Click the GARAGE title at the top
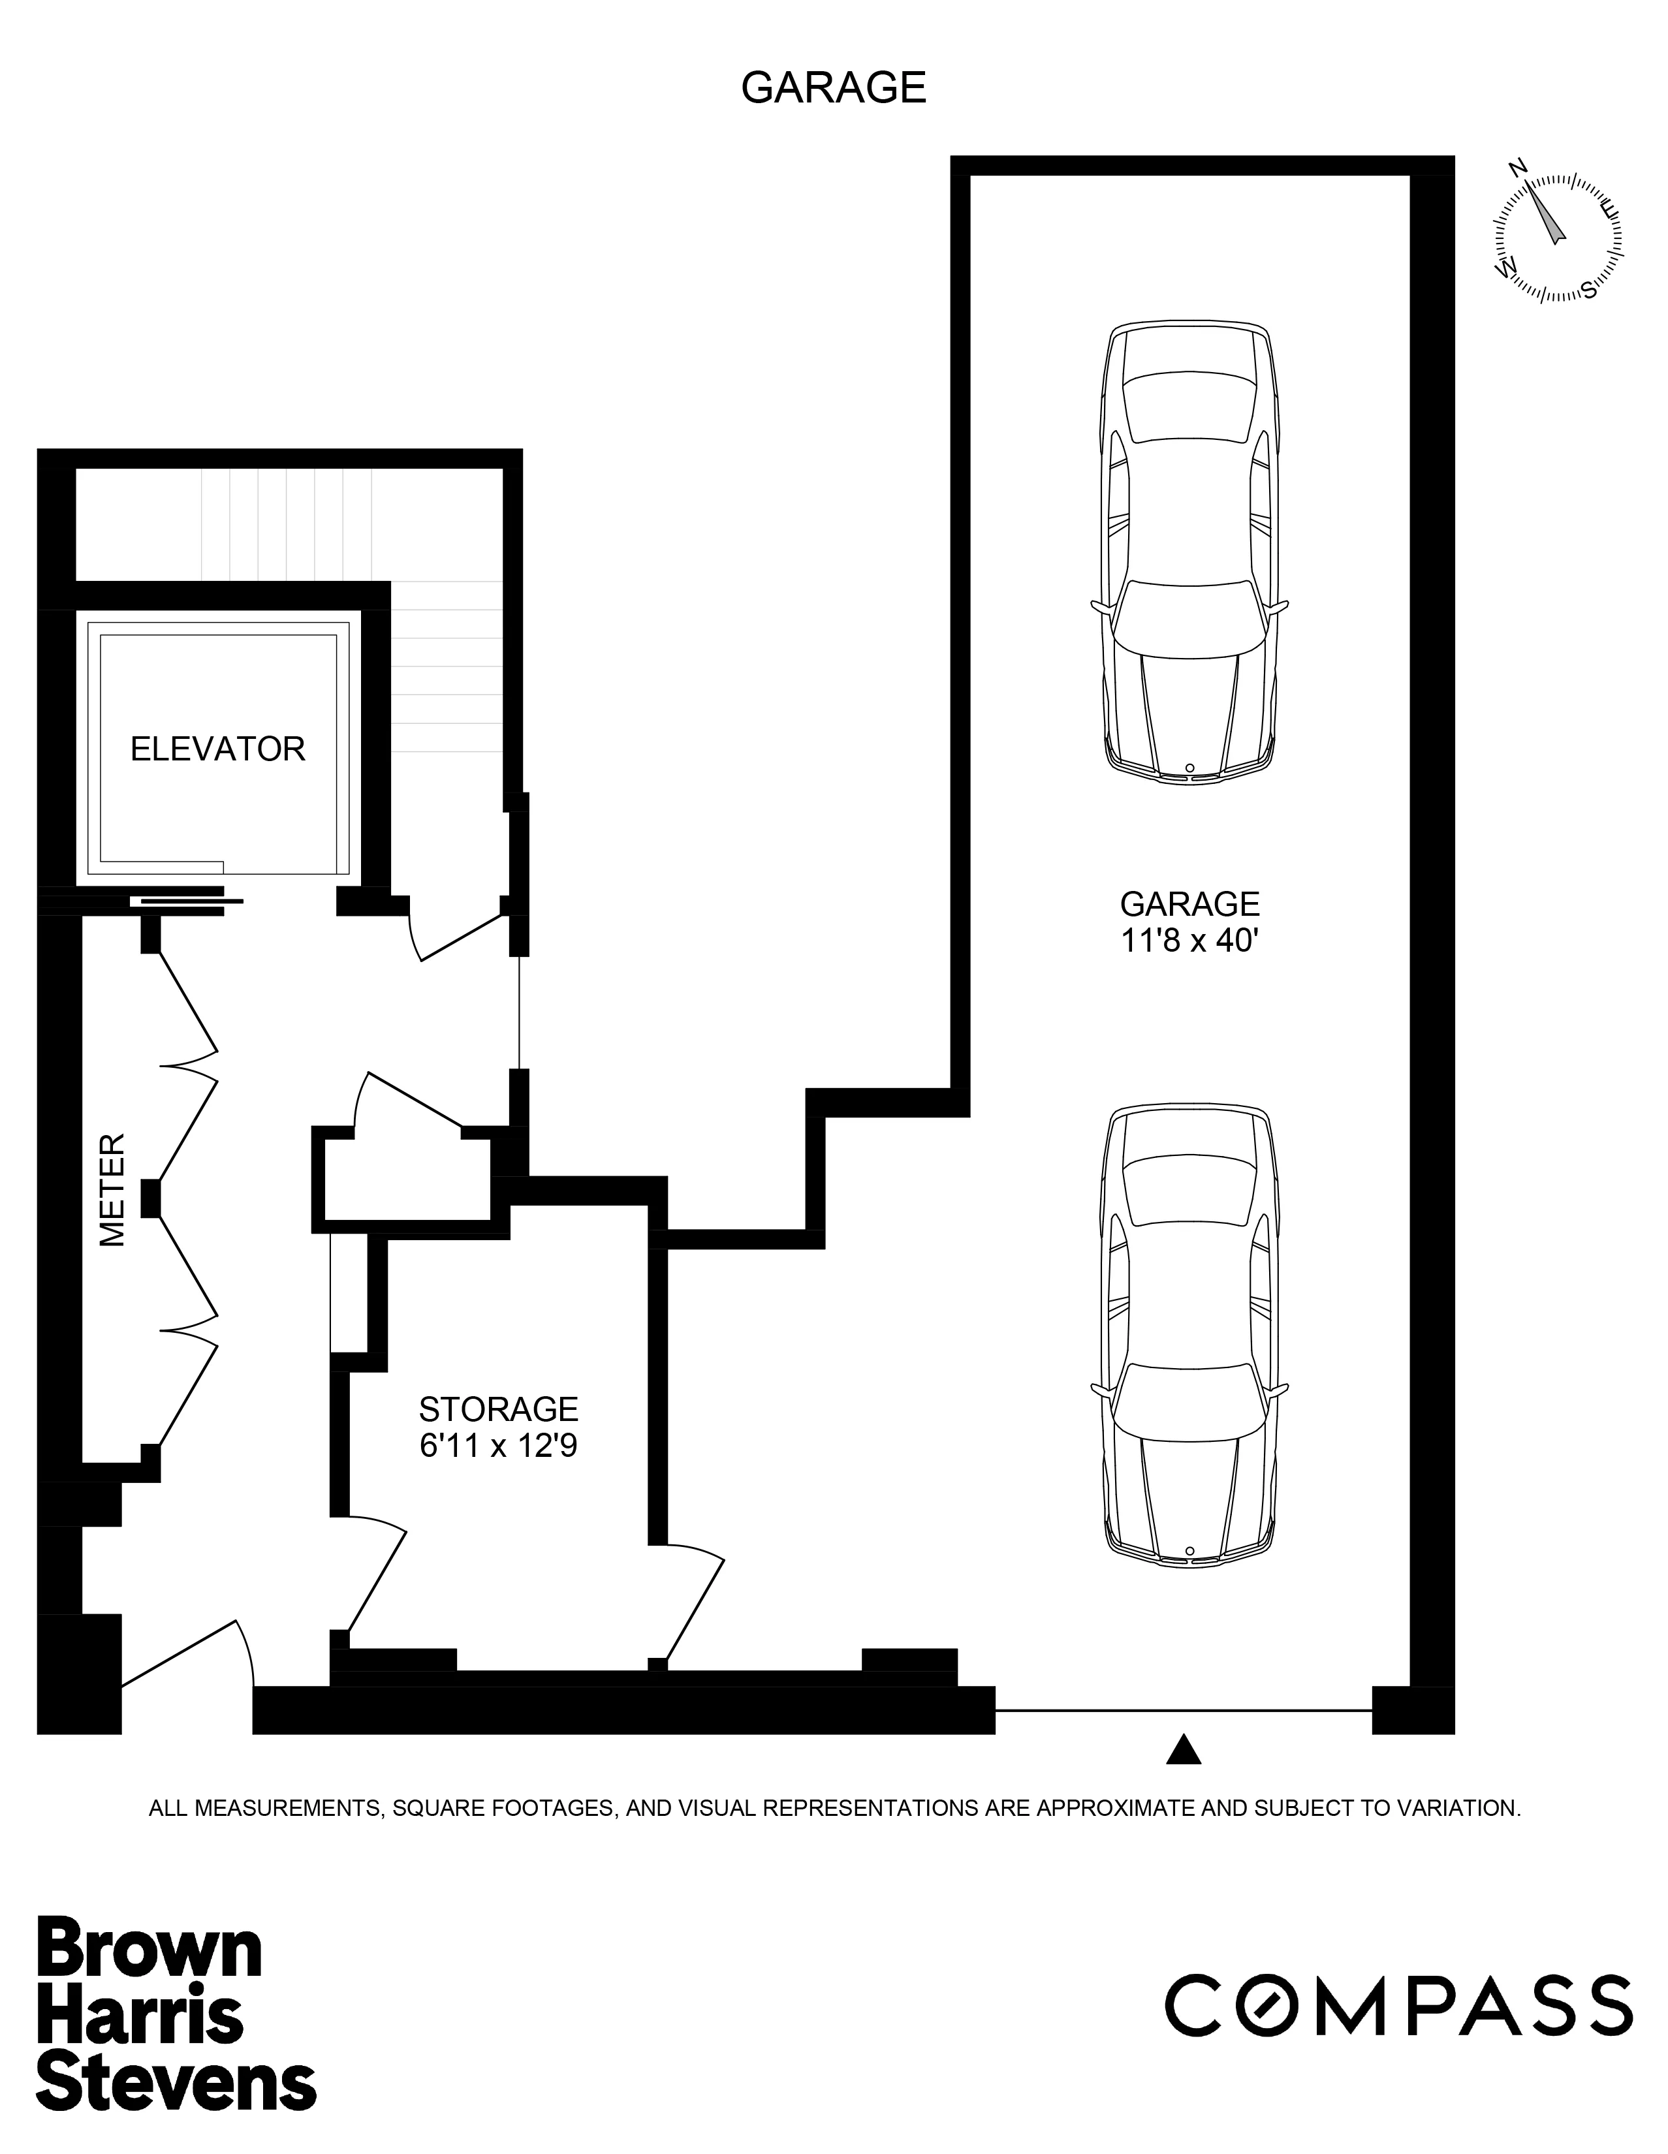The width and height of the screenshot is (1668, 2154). (x=834, y=87)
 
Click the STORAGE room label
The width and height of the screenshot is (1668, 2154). (x=498, y=1409)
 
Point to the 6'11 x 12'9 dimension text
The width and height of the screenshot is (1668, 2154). (x=498, y=1446)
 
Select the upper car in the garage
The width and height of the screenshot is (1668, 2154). (x=1189, y=552)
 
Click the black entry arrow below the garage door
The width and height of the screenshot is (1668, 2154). (x=1184, y=1751)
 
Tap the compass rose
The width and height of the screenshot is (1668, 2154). (x=1558, y=237)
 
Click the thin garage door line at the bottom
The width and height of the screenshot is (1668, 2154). (x=1184, y=1709)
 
